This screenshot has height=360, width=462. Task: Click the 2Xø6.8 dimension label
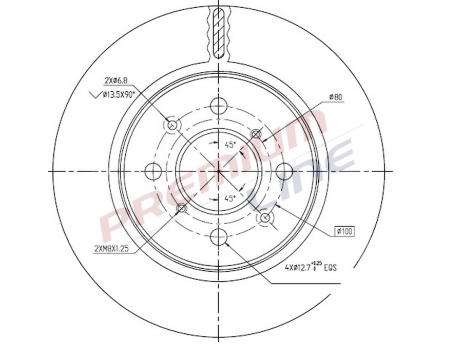[x=116, y=81]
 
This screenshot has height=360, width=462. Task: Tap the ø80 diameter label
[x=336, y=96]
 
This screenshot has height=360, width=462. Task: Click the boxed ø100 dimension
[x=344, y=231]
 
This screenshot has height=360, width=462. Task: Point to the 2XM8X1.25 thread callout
[x=111, y=249]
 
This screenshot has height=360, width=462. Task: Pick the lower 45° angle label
[x=230, y=198]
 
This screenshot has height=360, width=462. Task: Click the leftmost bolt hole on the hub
[x=153, y=171]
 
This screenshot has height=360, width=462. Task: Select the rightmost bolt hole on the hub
[x=284, y=171]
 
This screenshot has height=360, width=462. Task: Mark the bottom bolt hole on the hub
[x=219, y=236]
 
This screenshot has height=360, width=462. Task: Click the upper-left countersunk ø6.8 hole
[x=172, y=125]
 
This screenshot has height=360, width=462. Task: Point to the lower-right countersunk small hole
[x=265, y=217]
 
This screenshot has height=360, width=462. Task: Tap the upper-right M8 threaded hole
[x=256, y=134]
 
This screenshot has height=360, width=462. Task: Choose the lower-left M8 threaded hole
[x=181, y=208]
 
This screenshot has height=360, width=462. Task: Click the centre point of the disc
[x=219, y=171]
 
